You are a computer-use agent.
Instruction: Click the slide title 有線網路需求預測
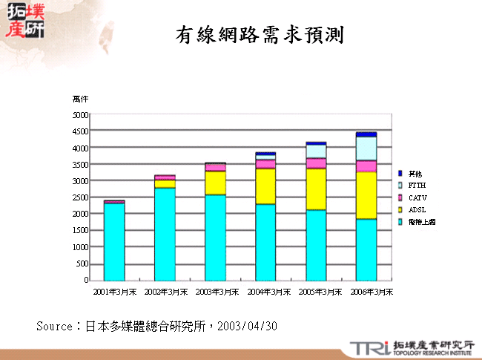tap(260, 34)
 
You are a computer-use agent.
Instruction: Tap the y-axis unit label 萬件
tap(80, 99)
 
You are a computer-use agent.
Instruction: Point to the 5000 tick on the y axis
tap(80, 115)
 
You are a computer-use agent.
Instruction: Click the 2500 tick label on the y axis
tap(80, 197)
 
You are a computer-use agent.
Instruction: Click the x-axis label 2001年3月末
tap(114, 292)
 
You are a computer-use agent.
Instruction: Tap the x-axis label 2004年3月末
tap(265, 292)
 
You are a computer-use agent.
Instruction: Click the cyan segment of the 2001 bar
tap(113, 241)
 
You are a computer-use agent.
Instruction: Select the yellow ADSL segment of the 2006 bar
tap(366, 195)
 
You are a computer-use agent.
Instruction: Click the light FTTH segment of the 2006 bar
tap(366, 148)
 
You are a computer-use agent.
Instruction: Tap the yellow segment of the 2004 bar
tap(265, 186)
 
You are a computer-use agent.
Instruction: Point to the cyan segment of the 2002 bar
tap(165, 234)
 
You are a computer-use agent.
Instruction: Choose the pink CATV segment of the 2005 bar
tap(316, 163)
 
